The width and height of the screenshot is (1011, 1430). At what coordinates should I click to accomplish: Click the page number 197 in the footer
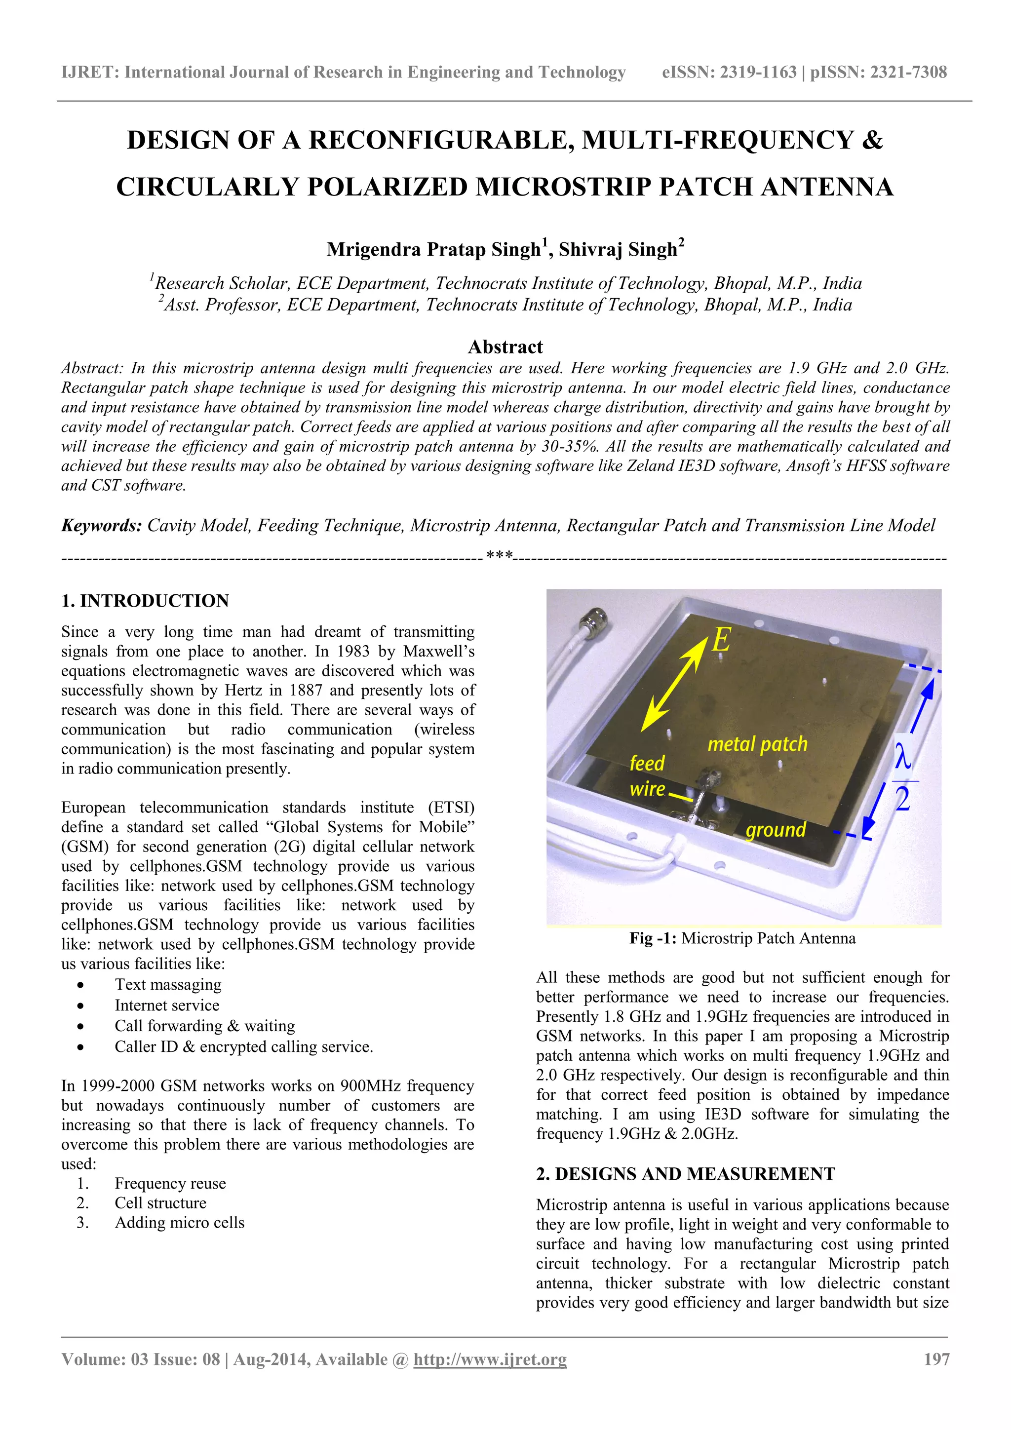tap(936, 1358)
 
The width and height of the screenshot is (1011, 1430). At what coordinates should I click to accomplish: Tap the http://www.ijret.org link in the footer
tap(490, 1359)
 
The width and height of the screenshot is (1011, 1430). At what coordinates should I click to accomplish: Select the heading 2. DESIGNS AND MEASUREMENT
tap(685, 1173)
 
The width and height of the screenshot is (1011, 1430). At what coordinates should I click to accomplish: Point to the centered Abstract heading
tap(505, 347)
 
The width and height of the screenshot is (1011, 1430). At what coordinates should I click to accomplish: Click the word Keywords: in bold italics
tap(102, 525)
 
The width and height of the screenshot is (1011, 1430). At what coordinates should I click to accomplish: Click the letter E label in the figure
tap(721, 640)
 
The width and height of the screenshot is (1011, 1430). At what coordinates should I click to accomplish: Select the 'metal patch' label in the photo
tap(757, 744)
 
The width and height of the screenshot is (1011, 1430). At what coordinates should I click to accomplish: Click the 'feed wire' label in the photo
tap(647, 775)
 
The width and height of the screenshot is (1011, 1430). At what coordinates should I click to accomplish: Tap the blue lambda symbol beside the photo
tap(902, 757)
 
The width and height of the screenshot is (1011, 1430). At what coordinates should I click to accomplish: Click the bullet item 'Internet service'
tap(167, 1005)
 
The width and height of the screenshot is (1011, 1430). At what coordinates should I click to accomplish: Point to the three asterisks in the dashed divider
tap(499, 554)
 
